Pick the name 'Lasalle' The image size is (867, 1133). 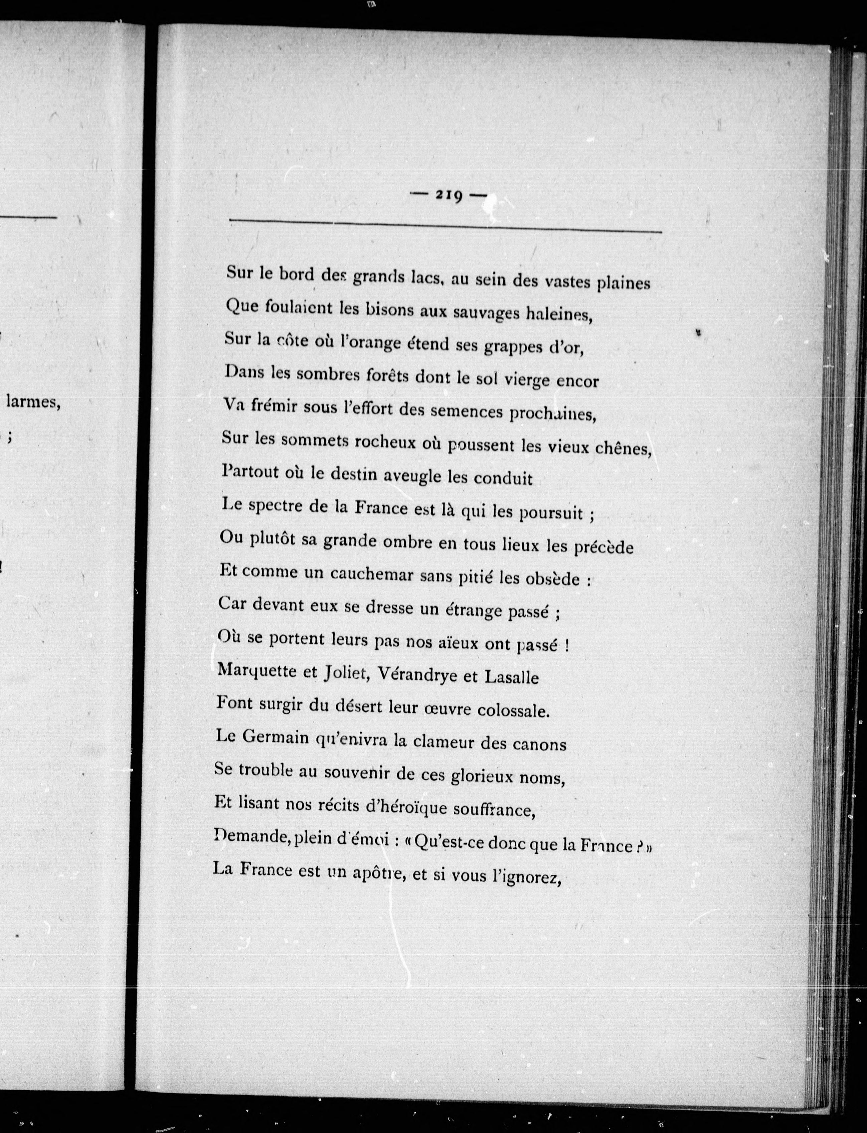pyautogui.click(x=511, y=677)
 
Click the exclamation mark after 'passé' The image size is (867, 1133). pyautogui.click(x=567, y=646)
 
